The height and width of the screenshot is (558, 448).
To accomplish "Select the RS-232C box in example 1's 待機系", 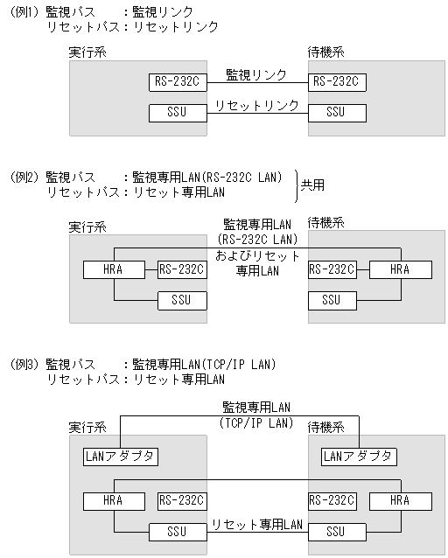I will (336, 83).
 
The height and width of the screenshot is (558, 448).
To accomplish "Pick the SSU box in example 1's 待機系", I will (336, 112).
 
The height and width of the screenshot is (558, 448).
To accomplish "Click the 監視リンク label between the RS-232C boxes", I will (255, 75).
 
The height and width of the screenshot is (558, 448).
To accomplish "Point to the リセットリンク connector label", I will (256, 105).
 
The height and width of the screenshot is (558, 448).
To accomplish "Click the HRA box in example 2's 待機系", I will (399, 270).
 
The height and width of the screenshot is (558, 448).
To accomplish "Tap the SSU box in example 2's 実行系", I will (182, 300).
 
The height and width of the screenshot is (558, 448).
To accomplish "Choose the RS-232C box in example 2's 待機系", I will (332, 270).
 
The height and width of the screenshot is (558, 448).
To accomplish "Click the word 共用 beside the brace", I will (313, 185).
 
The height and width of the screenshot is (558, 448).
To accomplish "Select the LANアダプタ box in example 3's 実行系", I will (121, 457).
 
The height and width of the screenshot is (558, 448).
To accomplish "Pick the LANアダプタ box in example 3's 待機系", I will (359, 457).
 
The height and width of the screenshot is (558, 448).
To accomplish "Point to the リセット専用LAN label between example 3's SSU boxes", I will (255, 525).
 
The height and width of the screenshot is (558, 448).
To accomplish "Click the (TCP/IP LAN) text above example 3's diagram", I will (255, 422).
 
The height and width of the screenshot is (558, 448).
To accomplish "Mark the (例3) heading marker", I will (24, 364).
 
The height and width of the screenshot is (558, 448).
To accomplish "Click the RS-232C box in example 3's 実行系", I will (182, 501).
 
